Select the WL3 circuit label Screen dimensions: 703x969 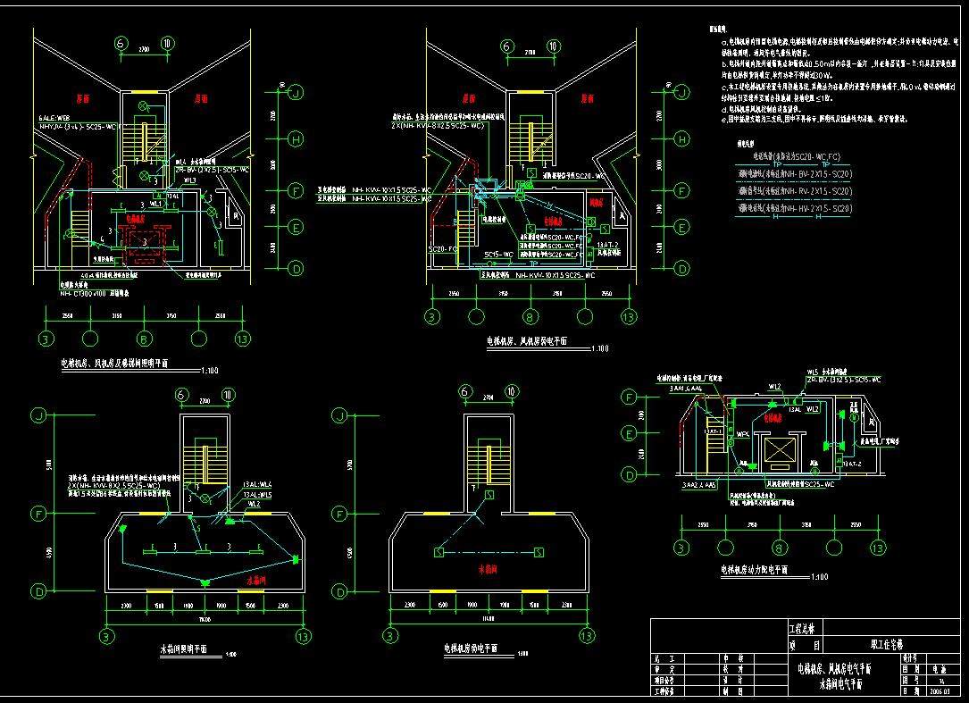click(x=189, y=180)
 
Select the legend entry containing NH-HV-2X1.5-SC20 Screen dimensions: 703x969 click(x=793, y=208)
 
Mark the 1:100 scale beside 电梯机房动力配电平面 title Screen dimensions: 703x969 click(x=821, y=577)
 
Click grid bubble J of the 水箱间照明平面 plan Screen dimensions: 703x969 click(x=38, y=416)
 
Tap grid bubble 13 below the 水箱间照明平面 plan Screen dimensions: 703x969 click(x=304, y=636)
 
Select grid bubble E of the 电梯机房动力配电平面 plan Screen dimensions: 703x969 click(x=629, y=433)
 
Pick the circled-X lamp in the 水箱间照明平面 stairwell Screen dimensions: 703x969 click(x=205, y=496)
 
